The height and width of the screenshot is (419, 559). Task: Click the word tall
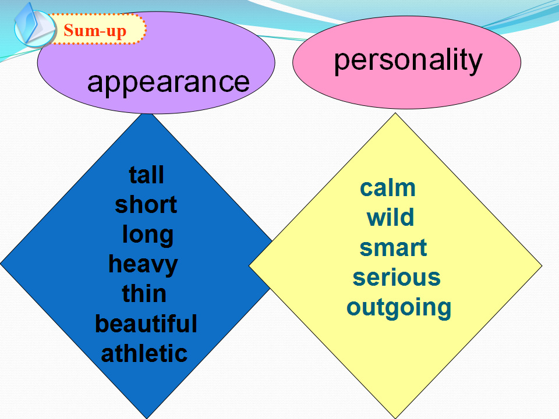click(x=147, y=175)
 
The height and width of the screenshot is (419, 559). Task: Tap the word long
click(x=147, y=235)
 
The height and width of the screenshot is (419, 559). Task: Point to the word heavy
click(x=143, y=265)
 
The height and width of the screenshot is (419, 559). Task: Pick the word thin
click(x=144, y=293)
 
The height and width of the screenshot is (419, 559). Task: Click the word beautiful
click(x=146, y=324)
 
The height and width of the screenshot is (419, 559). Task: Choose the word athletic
click(x=144, y=353)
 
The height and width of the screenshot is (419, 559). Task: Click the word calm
click(x=388, y=188)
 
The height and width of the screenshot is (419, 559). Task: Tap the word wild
click(x=390, y=217)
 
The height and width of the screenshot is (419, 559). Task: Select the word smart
click(x=393, y=248)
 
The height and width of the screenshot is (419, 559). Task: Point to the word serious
click(x=397, y=278)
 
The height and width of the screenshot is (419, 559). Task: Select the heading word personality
click(x=408, y=61)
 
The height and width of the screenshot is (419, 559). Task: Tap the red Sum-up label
click(x=95, y=31)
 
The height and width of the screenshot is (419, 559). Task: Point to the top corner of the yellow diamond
click(x=395, y=113)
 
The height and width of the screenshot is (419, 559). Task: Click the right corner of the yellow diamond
click(x=542, y=265)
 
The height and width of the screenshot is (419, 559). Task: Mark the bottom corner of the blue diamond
click(x=147, y=418)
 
